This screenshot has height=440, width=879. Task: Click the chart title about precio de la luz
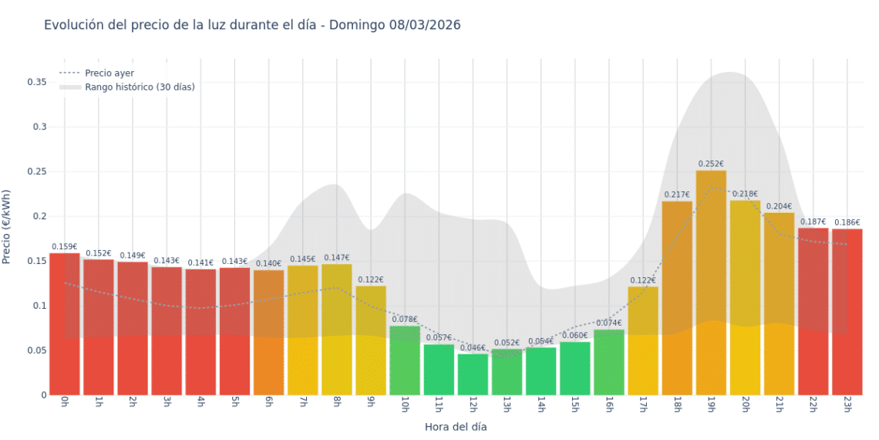coord(252,25)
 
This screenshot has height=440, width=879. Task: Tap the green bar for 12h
coord(473,374)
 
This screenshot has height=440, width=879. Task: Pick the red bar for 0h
coord(65,324)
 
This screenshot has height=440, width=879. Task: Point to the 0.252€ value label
coord(711,164)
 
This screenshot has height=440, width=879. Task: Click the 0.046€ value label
coord(473,348)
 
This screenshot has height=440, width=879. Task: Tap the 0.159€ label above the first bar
coord(65,247)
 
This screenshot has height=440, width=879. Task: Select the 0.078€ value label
coord(405,320)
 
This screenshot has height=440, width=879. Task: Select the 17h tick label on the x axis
coord(642,405)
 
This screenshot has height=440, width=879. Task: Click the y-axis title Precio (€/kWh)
coord(7,227)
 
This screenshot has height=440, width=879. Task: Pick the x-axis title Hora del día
coord(456,426)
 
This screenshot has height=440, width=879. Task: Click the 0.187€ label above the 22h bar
coord(813,222)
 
